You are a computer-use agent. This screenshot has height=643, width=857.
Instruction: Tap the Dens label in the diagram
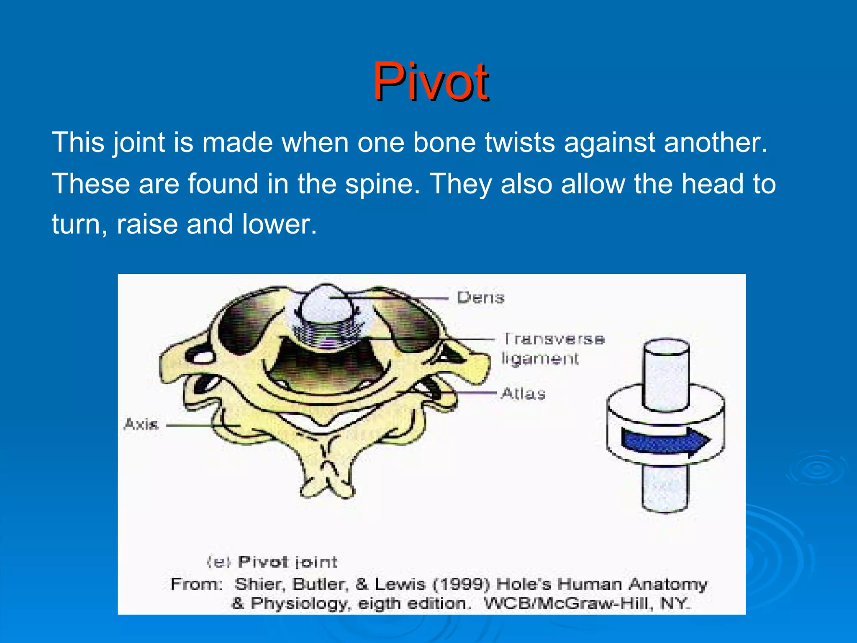pyautogui.click(x=480, y=298)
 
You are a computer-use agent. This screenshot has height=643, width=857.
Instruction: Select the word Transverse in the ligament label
pyautogui.click(x=554, y=339)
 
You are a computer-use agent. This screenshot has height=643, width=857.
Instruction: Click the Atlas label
pyautogui.click(x=523, y=394)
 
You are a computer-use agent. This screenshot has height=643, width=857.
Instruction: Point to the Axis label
pyautogui.click(x=141, y=424)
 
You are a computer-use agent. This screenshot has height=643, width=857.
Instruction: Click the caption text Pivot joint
pyautogui.click(x=287, y=562)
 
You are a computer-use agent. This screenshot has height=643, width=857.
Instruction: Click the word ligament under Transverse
pyautogui.click(x=540, y=359)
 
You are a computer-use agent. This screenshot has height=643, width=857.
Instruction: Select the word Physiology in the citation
pyautogui.click(x=300, y=604)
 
